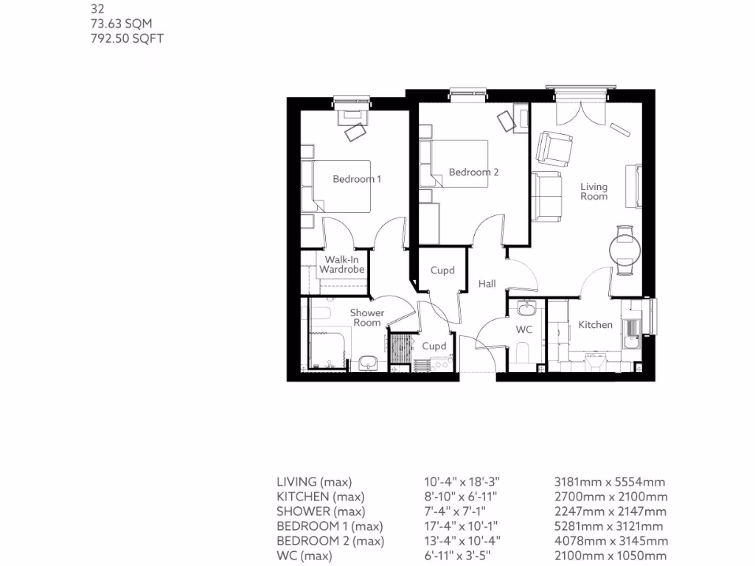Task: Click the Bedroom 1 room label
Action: [356, 179]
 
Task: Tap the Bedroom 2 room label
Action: [473, 172]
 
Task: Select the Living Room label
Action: [594, 192]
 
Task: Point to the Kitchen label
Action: [594, 325]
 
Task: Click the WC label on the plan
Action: [523, 329]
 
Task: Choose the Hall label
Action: [487, 284]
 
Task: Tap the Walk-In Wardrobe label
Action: [341, 265]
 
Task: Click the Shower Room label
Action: [366, 318]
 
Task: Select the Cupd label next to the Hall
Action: [442, 270]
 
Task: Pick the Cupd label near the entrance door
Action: [434, 346]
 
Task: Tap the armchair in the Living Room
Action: [554, 149]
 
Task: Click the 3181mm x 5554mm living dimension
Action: [610, 482]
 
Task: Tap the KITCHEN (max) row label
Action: [320, 497]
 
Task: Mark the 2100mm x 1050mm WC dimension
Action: [610, 556]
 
